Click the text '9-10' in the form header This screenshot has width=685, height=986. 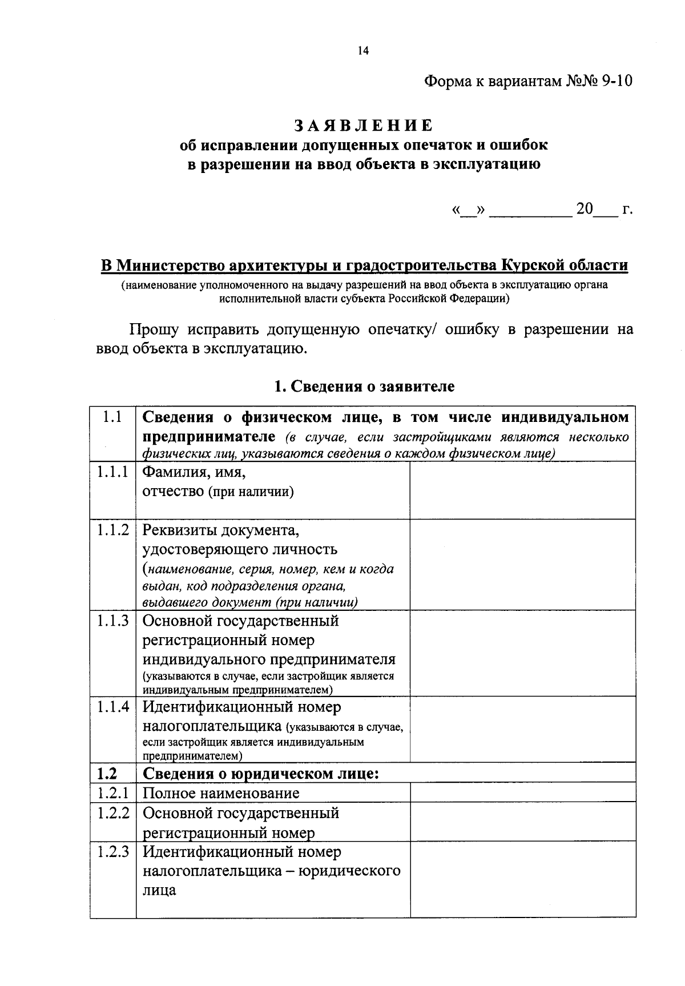617,81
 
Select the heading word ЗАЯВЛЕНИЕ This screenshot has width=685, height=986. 364,125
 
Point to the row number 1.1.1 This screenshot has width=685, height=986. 112,472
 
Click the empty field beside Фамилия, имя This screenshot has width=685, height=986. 522,490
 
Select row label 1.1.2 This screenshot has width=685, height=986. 112,530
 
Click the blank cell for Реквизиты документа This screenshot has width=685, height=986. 522,564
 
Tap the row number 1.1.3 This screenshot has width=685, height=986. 112,620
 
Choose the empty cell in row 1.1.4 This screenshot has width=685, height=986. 522,729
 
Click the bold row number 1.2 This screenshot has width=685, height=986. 107,774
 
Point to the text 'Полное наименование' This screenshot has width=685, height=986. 221,793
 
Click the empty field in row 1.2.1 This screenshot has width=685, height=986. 522,792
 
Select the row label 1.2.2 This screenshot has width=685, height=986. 112,812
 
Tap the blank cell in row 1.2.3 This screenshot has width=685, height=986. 522,879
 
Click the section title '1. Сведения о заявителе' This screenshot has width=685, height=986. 364,387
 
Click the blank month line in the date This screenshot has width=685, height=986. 530,210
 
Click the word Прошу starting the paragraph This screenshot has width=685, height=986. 154,330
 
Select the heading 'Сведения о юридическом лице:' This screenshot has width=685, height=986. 261,774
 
